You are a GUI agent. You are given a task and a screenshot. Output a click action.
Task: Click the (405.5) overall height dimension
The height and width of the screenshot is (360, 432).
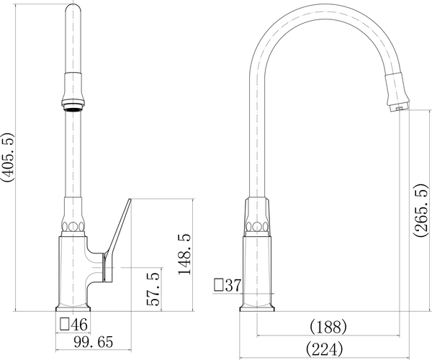pyautogui.click(x=6, y=157)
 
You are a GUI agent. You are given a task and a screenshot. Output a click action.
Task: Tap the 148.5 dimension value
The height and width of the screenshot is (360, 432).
pyautogui.click(x=185, y=254)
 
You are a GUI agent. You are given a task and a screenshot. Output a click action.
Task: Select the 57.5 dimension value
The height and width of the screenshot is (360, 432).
pyautogui.click(x=153, y=289)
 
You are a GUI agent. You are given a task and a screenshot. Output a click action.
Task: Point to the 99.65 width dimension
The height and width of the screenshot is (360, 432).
pyautogui.click(x=94, y=342)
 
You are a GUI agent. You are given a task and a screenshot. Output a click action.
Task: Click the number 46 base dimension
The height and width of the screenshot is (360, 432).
pyautogui.click(x=79, y=324)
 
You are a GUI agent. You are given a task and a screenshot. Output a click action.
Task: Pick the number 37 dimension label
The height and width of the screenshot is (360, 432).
pyautogui.click(x=233, y=285)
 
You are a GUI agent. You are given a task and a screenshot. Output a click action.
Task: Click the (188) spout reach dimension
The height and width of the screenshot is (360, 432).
pyautogui.click(x=328, y=327)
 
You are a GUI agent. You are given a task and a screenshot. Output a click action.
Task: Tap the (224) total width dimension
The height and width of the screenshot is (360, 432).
pyautogui.click(x=325, y=349)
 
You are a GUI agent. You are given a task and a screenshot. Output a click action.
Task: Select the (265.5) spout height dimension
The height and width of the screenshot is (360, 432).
pyautogui.click(x=421, y=210)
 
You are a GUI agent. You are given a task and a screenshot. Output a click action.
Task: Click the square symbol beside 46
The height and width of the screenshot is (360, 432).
pyautogui.click(x=65, y=324)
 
